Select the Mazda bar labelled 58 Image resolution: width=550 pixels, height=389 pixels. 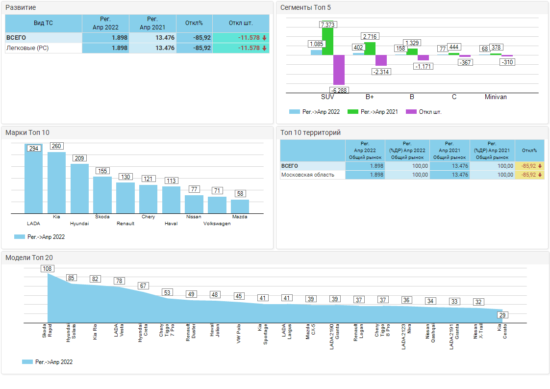[240, 206]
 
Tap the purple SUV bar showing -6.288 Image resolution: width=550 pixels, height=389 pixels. [339, 70]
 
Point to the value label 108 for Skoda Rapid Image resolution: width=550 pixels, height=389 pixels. [47, 268]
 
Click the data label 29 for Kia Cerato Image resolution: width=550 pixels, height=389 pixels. [502, 315]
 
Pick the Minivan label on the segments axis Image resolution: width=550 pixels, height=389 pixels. [496, 97]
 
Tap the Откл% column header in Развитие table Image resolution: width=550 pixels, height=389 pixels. [194, 23]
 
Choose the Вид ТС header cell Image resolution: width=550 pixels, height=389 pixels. [43, 23]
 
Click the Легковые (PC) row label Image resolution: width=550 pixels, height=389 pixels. [27, 48]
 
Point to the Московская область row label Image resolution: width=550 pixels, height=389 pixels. [308, 175]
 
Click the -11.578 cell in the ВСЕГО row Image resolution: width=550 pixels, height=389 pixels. [241, 38]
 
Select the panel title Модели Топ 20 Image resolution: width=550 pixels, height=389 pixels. [29, 258]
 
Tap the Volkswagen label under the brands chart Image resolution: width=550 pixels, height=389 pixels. [217, 224]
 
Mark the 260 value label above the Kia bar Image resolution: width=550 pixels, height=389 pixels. [56, 146]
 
